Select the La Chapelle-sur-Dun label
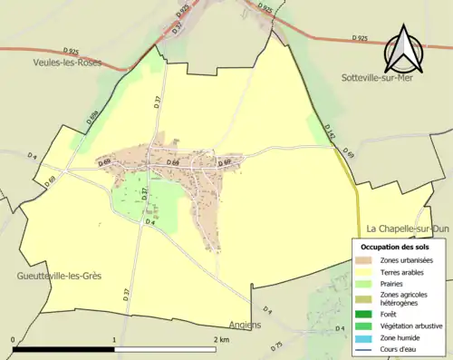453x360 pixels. coord(409,229)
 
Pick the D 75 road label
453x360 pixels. coord(277,345)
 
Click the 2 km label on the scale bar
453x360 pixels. coord(222,339)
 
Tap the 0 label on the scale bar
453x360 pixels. coord(14,339)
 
